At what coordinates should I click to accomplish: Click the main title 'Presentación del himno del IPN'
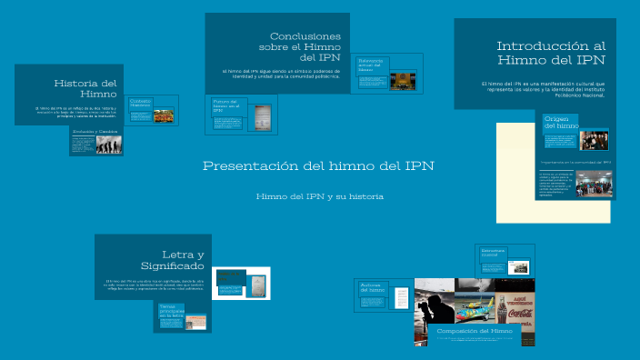318,166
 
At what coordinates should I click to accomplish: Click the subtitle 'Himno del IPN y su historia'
319,196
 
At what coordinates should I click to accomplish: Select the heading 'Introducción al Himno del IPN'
550,53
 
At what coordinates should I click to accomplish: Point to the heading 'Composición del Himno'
475,332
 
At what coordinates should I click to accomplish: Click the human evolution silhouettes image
109,145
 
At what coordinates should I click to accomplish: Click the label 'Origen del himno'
561,122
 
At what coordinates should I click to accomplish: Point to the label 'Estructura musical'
493,252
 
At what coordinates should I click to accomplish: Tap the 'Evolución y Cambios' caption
95,131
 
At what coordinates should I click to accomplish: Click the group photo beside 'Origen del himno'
594,138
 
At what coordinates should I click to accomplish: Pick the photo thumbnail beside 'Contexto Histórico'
164,116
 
